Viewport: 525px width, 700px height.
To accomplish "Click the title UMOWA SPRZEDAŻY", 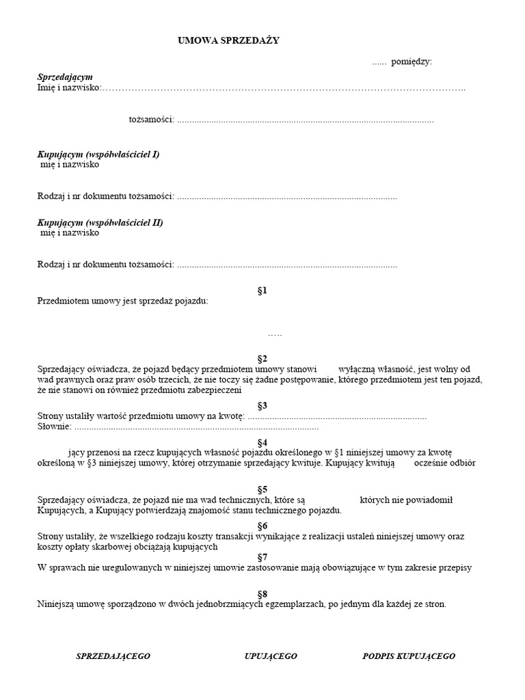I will (x=228, y=41).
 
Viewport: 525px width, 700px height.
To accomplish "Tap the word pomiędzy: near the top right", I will (x=412, y=62).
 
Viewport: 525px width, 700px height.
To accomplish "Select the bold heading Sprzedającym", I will (x=65, y=77).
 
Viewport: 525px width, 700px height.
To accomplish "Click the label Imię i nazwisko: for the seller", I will (x=68, y=87).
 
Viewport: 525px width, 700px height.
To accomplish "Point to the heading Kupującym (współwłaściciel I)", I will (x=98, y=154).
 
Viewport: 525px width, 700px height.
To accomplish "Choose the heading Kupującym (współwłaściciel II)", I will (x=100, y=222).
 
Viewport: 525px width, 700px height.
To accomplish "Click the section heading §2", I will (x=262, y=358).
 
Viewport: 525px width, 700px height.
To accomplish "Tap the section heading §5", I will (x=262, y=489).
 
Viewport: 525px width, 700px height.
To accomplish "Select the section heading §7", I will (x=262, y=557).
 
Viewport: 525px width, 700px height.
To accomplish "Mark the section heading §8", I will (x=262, y=593).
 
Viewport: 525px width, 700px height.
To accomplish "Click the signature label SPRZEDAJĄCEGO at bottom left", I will (x=113, y=656).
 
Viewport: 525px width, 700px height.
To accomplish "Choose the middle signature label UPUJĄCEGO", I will (x=271, y=656).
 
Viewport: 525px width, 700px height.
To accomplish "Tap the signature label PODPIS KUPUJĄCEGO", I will (x=409, y=656).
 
